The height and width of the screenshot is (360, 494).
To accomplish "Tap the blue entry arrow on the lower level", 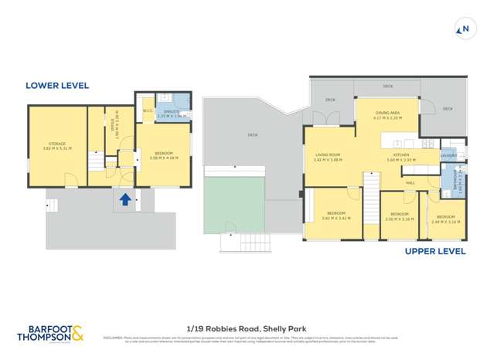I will [x=124, y=201].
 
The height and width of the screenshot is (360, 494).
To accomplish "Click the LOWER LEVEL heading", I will [x=57, y=86].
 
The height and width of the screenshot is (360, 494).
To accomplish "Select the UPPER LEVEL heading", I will [x=436, y=251].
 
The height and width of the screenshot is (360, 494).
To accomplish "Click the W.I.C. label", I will [x=147, y=110].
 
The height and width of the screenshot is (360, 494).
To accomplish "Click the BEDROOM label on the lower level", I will [x=163, y=152].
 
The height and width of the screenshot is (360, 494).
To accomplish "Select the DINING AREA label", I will [x=387, y=114].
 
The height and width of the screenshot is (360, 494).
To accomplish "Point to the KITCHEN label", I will [x=400, y=155].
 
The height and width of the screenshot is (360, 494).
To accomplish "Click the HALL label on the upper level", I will [x=411, y=182].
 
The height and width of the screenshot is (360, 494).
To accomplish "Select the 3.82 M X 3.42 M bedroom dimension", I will [x=336, y=218].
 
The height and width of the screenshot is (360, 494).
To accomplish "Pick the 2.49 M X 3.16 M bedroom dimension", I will [x=446, y=222].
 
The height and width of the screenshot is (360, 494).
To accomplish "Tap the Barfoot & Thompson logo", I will [x=52, y=334].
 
